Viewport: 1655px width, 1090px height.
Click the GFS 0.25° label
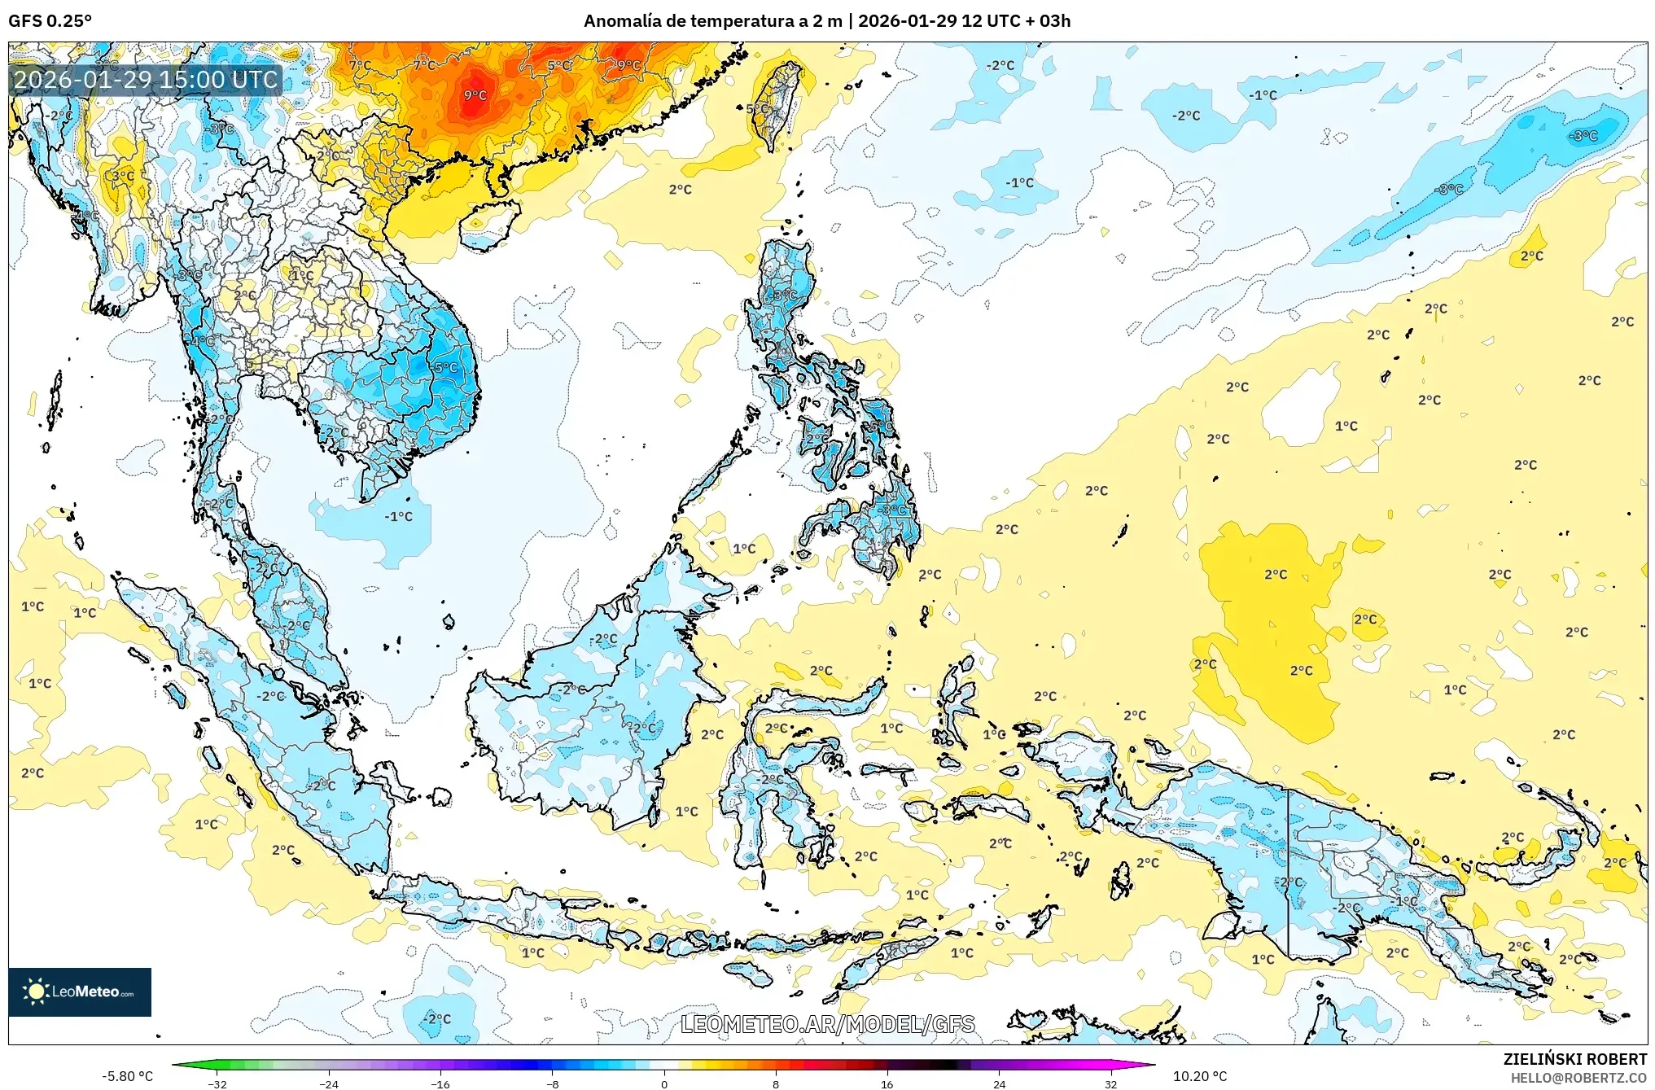50,20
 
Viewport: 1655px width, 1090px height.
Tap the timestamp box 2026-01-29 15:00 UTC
146,80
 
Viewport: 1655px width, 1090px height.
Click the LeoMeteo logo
79,992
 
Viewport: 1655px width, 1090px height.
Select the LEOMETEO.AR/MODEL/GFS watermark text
827,1024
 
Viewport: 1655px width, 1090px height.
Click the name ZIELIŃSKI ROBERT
1574,1059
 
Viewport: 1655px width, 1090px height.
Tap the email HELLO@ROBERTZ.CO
1578,1078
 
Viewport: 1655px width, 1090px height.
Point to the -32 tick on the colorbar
217,1083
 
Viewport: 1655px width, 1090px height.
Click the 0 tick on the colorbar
664,1083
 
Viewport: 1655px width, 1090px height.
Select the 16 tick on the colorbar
887,1083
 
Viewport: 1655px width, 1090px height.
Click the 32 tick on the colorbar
1110,1083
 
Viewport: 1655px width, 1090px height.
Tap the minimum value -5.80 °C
127,1076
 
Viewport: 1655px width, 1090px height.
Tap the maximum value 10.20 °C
1200,1076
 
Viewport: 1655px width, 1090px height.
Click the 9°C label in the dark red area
475,95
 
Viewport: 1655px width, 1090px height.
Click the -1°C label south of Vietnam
398,516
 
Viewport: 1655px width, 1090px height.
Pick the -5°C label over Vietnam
445,367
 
